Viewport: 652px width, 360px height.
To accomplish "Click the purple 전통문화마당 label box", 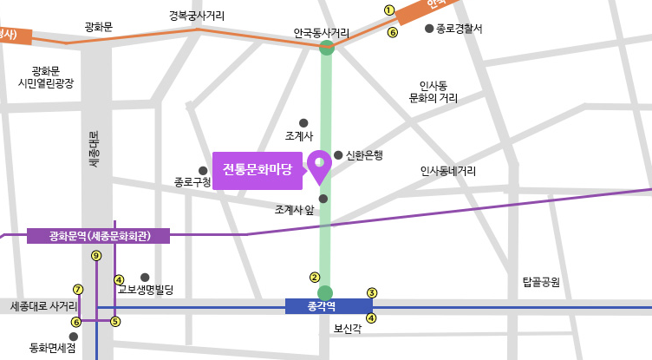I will pyautogui.click(x=258, y=169).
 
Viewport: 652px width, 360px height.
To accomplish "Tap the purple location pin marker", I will pyautogui.click(x=320, y=165).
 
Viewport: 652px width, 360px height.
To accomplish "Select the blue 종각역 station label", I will pyautogui.click(x=329, y=305).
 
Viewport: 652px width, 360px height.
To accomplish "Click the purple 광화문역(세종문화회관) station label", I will pyautogui.click(x=99, y=236).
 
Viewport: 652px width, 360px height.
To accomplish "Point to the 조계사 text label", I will pyautogui.click(x=298, y=137).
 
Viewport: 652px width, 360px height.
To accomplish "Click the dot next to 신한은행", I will pyautogui.click(x=338, y=155).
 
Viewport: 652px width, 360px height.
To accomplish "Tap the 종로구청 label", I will pyautogui.click(x=192, y=182).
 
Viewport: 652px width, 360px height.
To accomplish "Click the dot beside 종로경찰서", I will pyautogui.click(x=428, y=29).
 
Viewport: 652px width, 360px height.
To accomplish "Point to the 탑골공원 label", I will pyautogui.click(x=541, y=282).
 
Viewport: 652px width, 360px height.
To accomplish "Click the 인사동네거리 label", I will pyautogui.click(x=447, y=171).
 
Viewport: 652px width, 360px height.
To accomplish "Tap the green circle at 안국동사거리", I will pyautogui.click(x=327, y=47).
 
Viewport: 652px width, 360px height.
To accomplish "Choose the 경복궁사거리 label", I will pyautogui.click(x=197, y=16).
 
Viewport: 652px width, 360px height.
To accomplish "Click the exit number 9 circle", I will pyautogui.click(x=96, y=255).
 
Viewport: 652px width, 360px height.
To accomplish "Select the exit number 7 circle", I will pyautogui.click(x=78, y=290).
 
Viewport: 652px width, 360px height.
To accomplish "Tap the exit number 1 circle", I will pyautogui.click(x=389, y=10).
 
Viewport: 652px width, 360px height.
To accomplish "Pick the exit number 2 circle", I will pyautogui.click(x=315, y=278).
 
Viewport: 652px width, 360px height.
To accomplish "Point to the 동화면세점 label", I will pyautogui.click(x=53, y=348).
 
